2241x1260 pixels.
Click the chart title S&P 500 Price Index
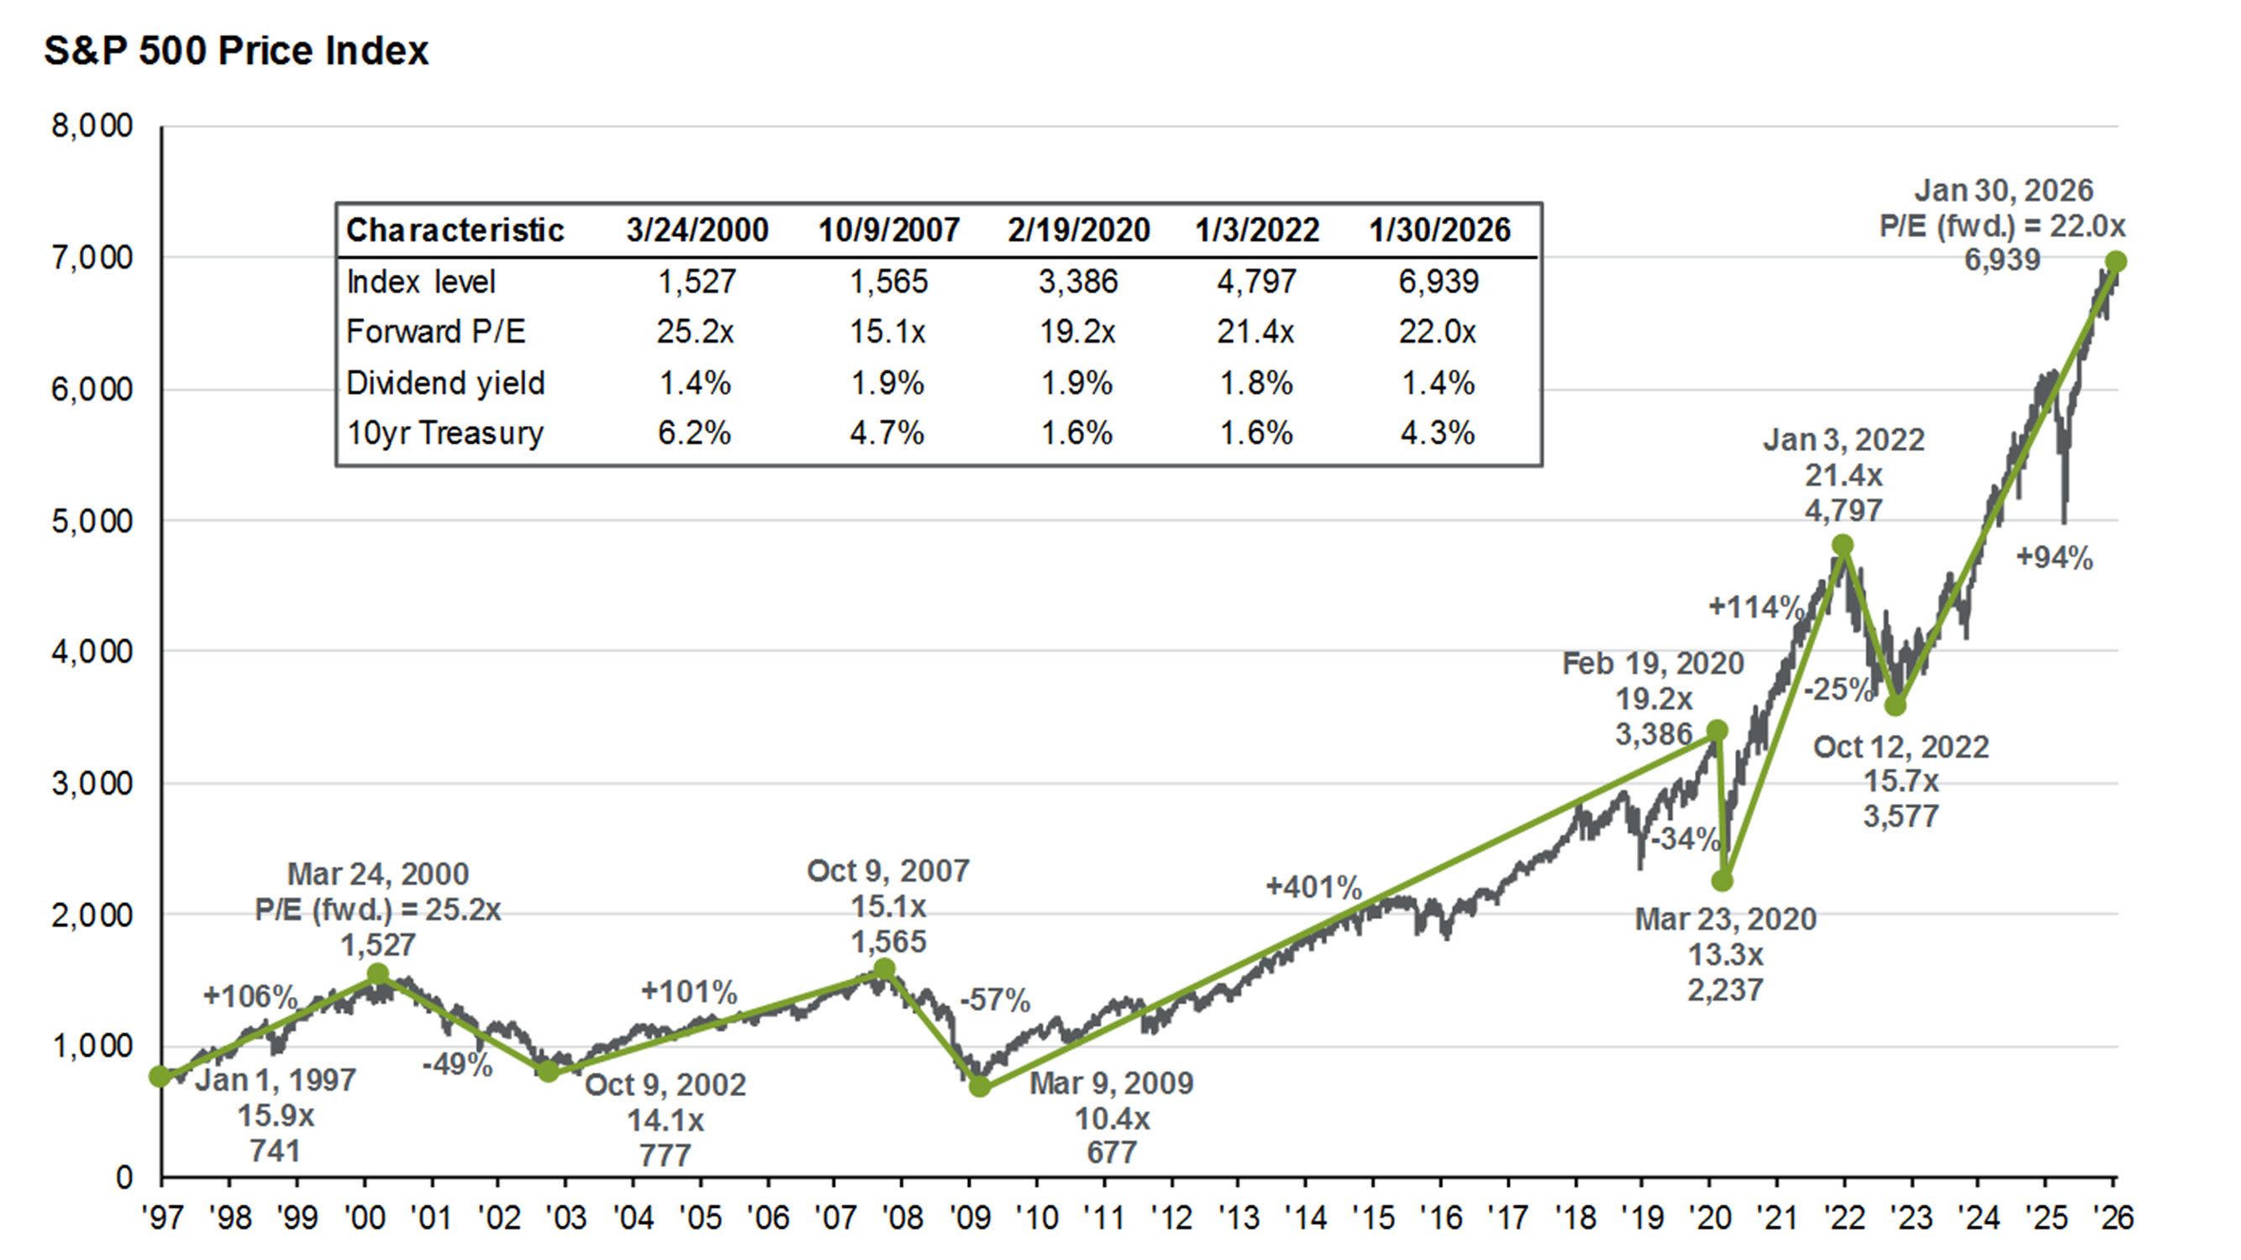click(236, 50)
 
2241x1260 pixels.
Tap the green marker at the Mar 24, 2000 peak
click(377, 974)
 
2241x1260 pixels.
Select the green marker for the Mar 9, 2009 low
click(980, 1085)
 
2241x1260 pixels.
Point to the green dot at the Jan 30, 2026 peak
click(2116, 261)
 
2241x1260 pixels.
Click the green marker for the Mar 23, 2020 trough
click(1722, 880)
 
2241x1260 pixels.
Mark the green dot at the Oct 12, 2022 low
click(1895, 706)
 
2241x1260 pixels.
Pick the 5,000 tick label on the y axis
click(92, 521)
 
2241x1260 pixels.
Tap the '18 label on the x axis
click(1576, 1218)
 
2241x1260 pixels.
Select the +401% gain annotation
click(1313, 887)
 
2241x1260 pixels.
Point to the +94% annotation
click(2054, 558)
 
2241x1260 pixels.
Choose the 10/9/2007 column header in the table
click(888, 230)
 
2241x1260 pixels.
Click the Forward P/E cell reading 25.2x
click(695, 331)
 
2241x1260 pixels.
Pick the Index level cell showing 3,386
click(1078, 281)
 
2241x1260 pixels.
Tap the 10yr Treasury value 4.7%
click(886, 432)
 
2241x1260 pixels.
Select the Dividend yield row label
click(445, 382)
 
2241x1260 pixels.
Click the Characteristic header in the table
click(455, 230)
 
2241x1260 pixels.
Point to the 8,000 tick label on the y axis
click(92, 126)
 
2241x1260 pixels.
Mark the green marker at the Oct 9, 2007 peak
click(883, 969)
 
